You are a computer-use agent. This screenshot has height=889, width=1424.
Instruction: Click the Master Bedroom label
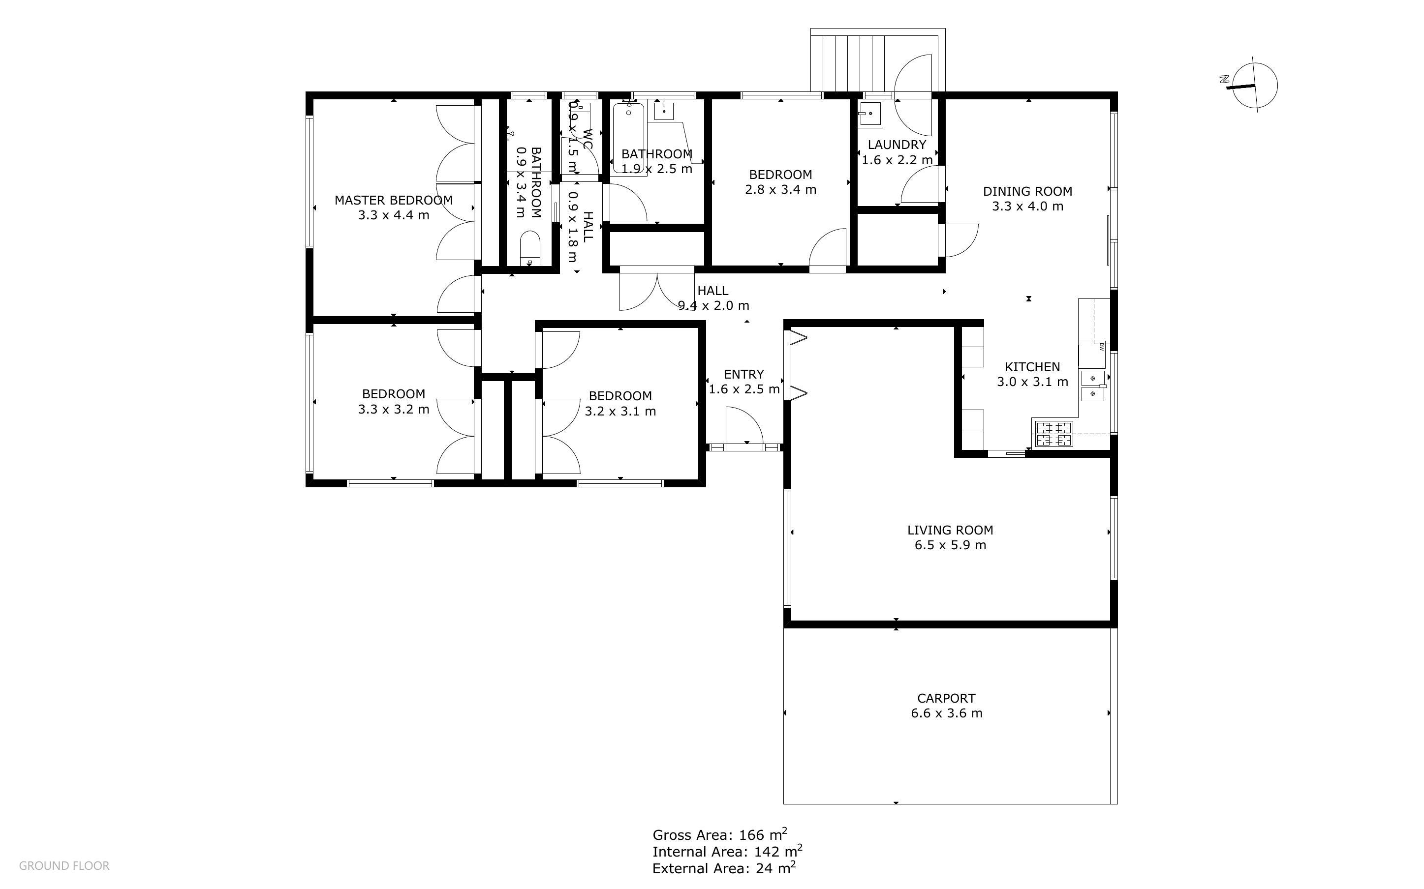coord(393,200)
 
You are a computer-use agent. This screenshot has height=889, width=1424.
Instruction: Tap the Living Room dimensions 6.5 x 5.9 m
coord(950,545)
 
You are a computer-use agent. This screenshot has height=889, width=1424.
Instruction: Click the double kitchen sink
coord(1092,385)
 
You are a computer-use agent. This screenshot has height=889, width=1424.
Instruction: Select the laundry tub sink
coord(869,114)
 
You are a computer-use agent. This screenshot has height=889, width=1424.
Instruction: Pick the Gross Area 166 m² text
coord(719,834)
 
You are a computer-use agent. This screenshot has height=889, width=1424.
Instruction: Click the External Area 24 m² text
coord(723,868)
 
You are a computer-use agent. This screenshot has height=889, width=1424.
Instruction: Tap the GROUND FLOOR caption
coord(64,865)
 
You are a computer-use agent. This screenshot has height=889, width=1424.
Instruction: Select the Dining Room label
coord(1027,191)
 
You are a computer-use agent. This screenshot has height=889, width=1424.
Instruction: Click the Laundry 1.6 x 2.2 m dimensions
coord(897,160)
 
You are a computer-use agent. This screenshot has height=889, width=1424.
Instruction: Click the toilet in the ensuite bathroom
coord(530,249)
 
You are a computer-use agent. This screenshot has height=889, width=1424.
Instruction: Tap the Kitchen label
coord(1032,367)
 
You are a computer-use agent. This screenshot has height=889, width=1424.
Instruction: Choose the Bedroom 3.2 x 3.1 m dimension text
coord(620,411)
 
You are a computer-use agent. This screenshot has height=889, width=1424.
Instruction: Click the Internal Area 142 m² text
coord(727,851)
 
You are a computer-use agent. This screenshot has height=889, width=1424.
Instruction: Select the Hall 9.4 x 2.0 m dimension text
coord(713,306)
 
